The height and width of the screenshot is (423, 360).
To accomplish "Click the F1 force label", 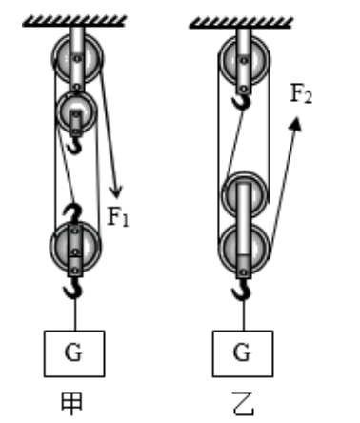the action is click(118, 216).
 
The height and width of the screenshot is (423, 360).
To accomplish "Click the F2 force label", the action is click(301, 93).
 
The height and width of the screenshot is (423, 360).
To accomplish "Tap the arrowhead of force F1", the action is click(115, 191).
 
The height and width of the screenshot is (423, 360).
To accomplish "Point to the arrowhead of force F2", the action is click(295, 124).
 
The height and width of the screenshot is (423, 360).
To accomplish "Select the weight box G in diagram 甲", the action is click(74, 353).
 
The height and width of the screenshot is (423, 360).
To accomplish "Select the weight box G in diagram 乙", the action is click(243, 353).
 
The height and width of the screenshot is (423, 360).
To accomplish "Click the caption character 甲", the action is click(71, 403).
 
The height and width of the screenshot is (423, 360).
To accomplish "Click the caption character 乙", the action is click(243, 403).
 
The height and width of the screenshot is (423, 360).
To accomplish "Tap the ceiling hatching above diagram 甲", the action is click(74, 21).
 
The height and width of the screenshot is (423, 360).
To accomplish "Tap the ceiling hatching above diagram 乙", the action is click(241, 23).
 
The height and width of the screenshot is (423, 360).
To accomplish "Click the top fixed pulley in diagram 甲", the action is click(77, 58).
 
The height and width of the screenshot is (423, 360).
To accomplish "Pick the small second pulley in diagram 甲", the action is click(76, 111).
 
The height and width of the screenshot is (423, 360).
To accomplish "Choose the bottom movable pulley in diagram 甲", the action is click(75, 247).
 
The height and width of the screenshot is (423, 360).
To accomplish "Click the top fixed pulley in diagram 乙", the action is click(244, 60).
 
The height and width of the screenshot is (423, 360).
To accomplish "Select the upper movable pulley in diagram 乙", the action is click(244, 195).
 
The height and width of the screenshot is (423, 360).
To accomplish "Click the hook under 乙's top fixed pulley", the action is click(242, 102).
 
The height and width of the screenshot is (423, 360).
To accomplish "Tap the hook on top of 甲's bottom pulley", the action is click(75, 213).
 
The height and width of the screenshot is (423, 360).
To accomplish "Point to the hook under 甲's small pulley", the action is click(75, 146).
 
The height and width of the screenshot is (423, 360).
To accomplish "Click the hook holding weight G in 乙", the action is click(242, 290).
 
